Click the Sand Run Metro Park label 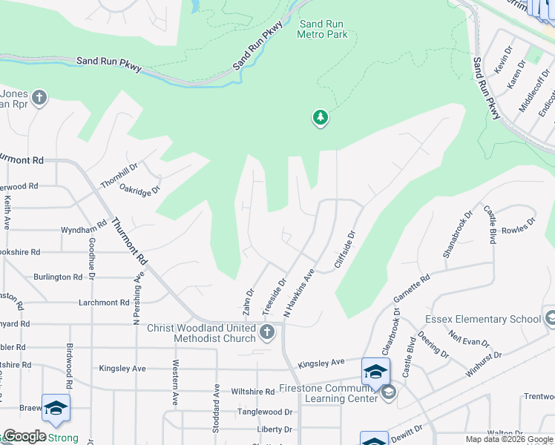click(x=322, y=29)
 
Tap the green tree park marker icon click(x=321, y=117)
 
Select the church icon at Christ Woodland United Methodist click(x=268, y=333)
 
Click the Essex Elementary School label click(x=483, y=319)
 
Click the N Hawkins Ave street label click(x=301, y=294)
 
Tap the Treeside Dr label click(x=274, y=297)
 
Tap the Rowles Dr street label click(x=519, y=225)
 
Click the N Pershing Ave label click(x=137, y=297)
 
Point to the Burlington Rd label click(x=58, y=277)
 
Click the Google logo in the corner click(x=24, y=436)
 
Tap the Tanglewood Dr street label click(x=264, y=412)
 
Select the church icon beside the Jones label click(x=39, y=97)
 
